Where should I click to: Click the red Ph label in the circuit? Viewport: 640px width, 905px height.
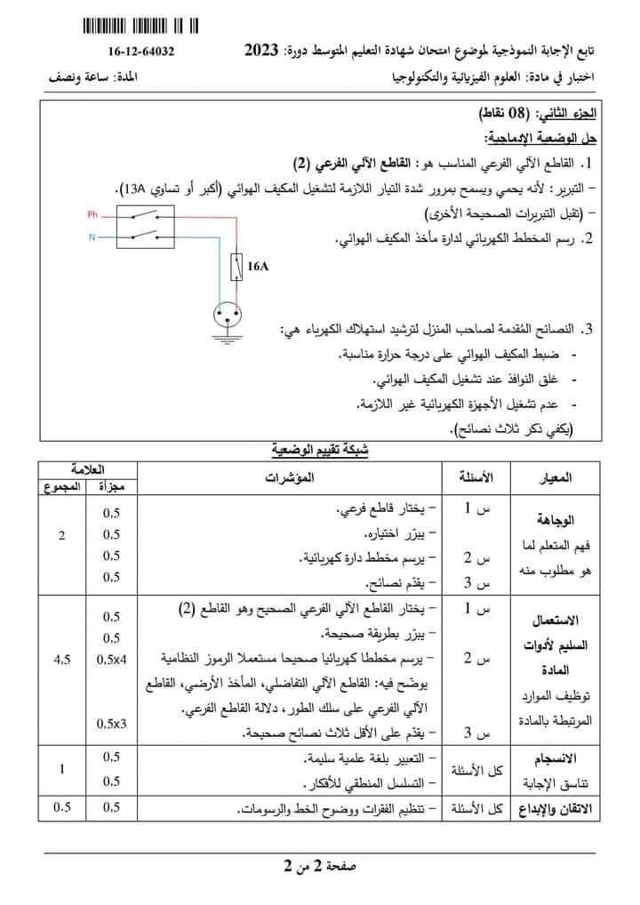click(x=92, y=215)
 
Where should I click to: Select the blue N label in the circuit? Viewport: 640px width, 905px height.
click(x=92, y=237)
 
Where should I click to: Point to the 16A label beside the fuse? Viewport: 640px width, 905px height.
click(x=258, y=266)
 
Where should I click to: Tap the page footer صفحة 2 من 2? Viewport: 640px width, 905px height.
click(x=320, y=866)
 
